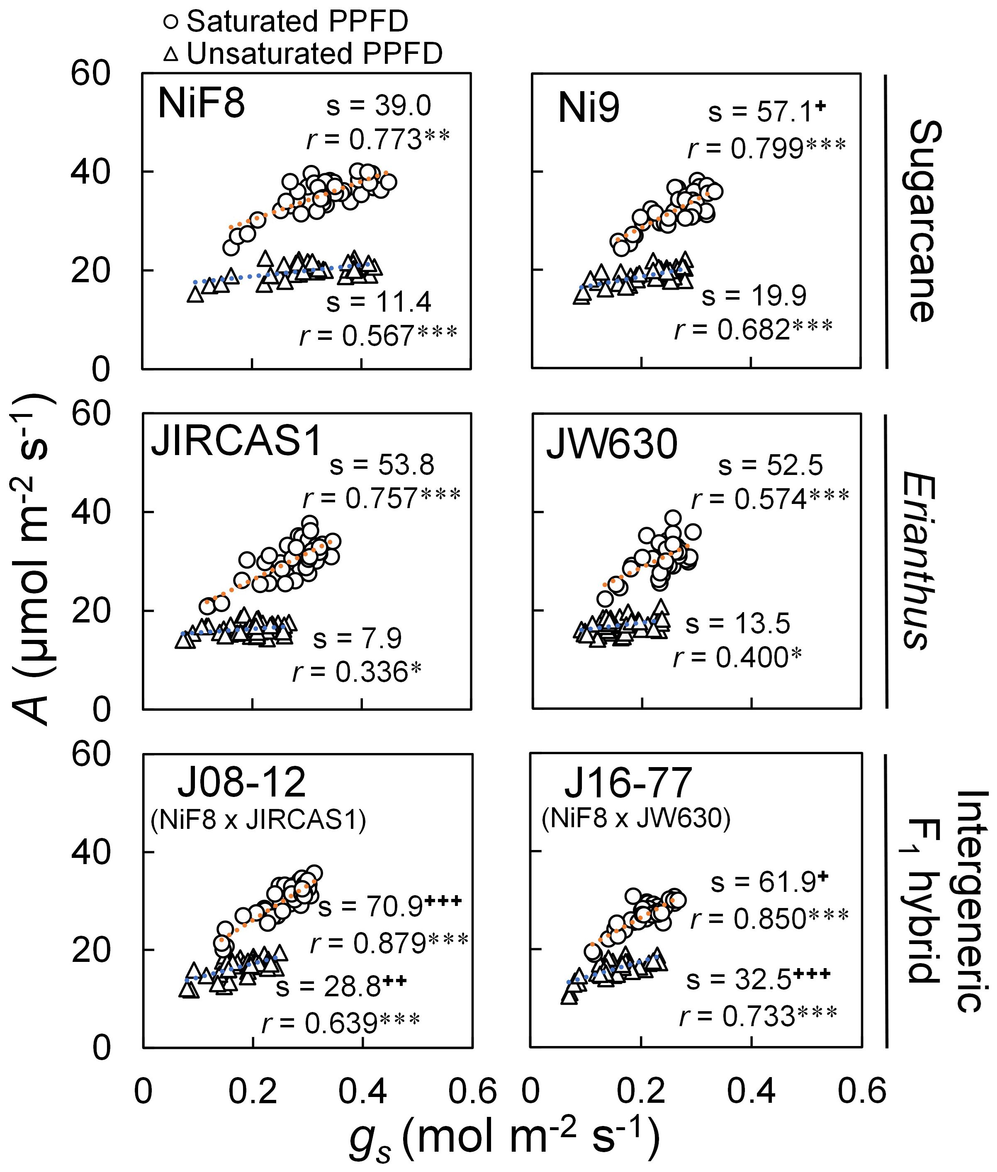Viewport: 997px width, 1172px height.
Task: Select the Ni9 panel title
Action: click(588, 109)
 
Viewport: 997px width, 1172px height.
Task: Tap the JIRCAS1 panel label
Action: click(236, 441)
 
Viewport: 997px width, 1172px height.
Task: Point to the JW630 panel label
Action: click(612, 445)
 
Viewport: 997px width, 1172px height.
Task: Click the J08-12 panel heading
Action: click(242, 783)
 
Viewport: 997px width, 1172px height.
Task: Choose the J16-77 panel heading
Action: click(628, 783)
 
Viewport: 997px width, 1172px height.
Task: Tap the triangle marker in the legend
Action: click(173, 55)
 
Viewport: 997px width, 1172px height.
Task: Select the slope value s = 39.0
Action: click(379, 106)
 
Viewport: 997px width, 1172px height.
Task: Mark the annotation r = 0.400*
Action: click(737, 657)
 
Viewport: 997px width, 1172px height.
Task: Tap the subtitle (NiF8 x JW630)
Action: click(636, 818)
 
